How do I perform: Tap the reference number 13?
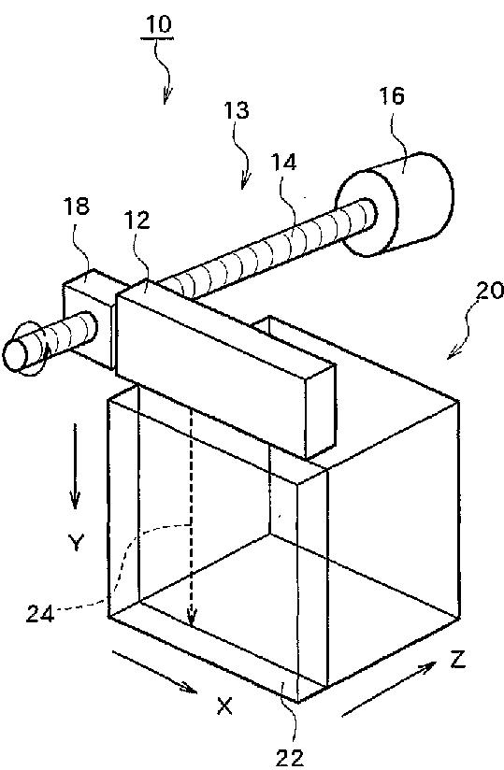tap(237, 110)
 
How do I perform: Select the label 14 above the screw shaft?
tap(284, 162)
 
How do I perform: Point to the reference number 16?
tap(392, 95)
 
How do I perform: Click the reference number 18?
tap(77, 207)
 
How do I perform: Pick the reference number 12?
tap(137, 221)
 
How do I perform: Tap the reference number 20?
tap(489, 291)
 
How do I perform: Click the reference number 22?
tap(289, 759)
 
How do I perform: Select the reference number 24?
tap(40, 614)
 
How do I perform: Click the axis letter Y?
tap(76, 543)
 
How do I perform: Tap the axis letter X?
tap(224, 706)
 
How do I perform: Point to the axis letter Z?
tap(457, 659)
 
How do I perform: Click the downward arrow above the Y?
tap(75, 466)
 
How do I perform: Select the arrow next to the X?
tap(154, 672)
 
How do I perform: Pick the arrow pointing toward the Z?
tap(389, 689)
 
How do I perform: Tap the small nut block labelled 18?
tap(89, 317)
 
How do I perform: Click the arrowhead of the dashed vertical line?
tap(192, 620)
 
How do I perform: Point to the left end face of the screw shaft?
tap(15, 354)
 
